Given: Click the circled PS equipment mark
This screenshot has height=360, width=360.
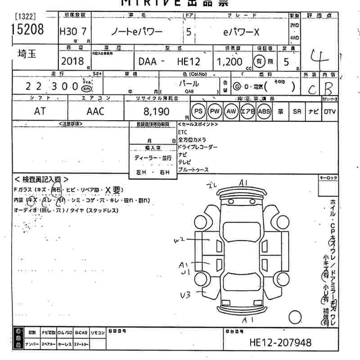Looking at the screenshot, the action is pyautogui.click(x=198, y=111).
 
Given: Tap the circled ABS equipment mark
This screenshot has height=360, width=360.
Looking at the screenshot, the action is pyautogui.click(x=264, y=111).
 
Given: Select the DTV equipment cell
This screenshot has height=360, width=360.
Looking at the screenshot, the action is pyautogui.click(x=330, y=111).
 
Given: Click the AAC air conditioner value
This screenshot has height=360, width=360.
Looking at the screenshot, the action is pyautogui.click(x=94, y=111).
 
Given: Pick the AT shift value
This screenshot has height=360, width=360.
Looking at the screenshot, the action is pyautogui.click(x=40, y=111).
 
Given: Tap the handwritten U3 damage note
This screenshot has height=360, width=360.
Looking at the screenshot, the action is pyautogui.click(x=185, y=294).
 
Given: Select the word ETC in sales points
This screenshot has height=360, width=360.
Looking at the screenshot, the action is pyautogui.click(x=182, y=132).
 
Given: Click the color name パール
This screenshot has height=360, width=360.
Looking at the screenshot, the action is pyautogui.click(x=189, y=84).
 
